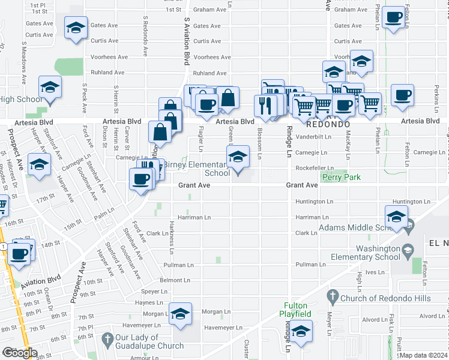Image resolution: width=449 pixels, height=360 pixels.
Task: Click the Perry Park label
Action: pyautogui.click(x=342, y=178)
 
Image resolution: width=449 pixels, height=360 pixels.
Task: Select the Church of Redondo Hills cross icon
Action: pyautogui.click(x=332, y=296)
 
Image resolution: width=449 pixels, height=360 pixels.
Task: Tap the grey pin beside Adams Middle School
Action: pyautogui.click(x=409, y=228)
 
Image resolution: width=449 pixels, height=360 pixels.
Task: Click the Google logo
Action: pyautogui.click(x=19, y=353)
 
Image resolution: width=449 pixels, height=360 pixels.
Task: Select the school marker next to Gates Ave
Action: pyautogui.click(x=76, y=28)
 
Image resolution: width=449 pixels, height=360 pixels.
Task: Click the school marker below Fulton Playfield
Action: pyautogui.click(x=301, y=331)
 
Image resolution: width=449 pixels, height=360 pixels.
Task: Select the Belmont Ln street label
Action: pyautogui.click(x=175, y=280)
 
